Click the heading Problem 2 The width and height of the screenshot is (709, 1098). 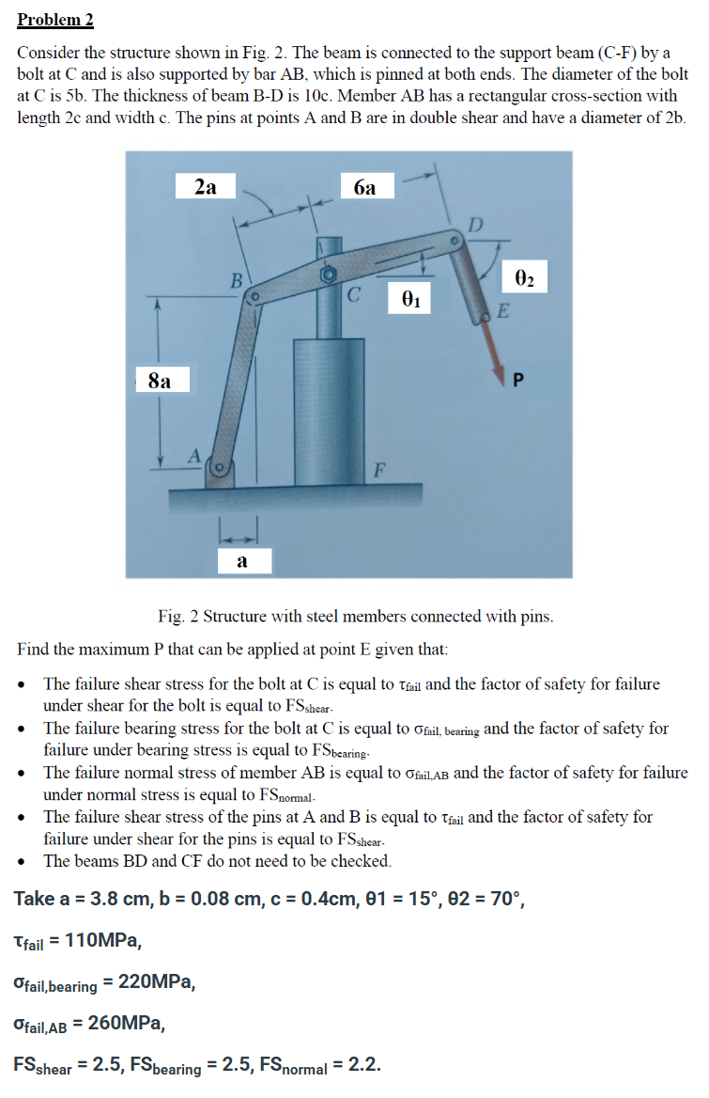click(x=55, y=20)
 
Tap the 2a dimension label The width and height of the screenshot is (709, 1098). click(x=206, y=188)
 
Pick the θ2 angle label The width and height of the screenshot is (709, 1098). click(x=525, y=278)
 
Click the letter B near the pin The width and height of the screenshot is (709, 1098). click(x=238, y=279)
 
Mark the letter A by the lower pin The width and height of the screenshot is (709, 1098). click(x=195, y=455)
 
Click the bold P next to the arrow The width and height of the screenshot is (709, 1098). click(x=516, y=380)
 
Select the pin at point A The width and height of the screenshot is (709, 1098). click(x=221, y=466)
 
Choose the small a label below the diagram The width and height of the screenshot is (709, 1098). click(x=242, y=562)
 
